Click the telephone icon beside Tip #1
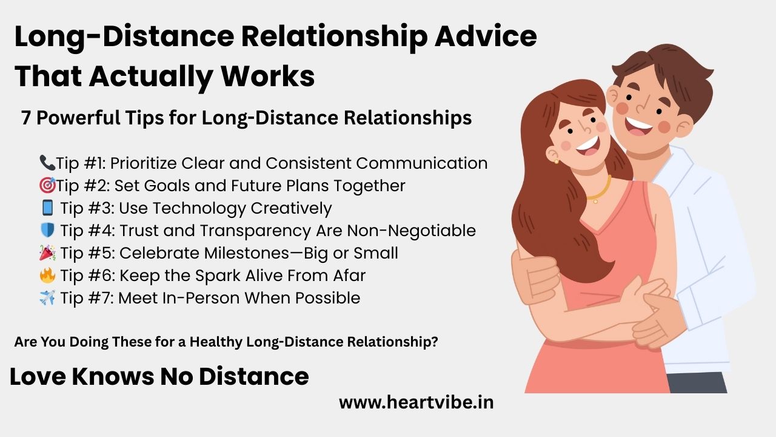pos(47,163)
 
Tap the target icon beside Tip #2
pos(47,185)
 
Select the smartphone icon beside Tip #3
pos(48,208)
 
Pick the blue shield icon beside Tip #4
pos(48,231)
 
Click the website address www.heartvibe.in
pos(416,402)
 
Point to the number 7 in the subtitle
pos(26,118)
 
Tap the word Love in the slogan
pos(37,376)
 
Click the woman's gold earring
pos(556,161)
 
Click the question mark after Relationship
pos(435,342)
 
